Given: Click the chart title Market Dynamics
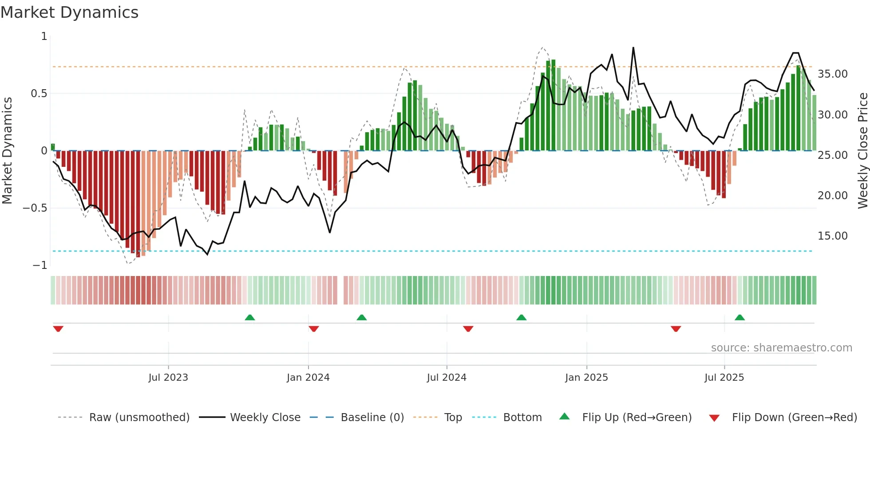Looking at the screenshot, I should click(x=69, y=12).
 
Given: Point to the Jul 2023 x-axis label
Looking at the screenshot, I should click(x=168, y=378).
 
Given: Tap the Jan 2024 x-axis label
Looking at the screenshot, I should click(x=308, y=378).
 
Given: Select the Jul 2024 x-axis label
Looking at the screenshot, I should click(x=447, y=378).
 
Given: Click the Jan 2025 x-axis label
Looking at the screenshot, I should click(x=586, y=378).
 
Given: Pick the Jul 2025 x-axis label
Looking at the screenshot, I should click(x=724, y=378).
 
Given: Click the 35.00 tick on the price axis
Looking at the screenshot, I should click(x=832, y=74).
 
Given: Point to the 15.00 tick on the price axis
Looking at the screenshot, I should click(x=832, y=236).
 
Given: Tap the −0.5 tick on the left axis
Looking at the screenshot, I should click(x=35, y=208).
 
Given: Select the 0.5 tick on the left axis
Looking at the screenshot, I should click(x=39, y=94).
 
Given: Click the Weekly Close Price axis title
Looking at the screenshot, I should click(x=862, y=150).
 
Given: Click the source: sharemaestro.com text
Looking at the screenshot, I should click(x=781, y=348).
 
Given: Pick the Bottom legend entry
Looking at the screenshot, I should click(x=522, y=418).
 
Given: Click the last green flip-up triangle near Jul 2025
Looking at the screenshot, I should click(x=739, y=317).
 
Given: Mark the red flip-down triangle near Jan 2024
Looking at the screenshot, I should click(x=314, y=329).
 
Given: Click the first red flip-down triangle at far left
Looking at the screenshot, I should click(x=58, y=329).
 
